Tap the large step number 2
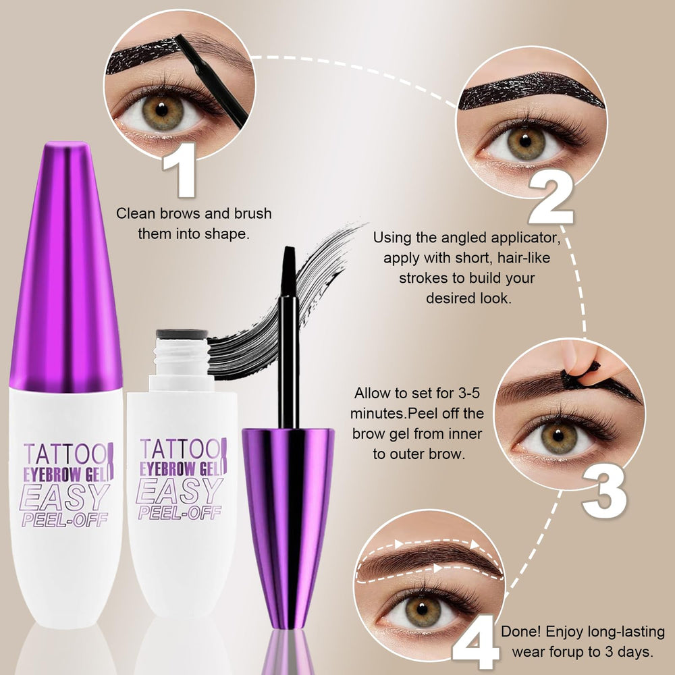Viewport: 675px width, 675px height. (x=551, y=198)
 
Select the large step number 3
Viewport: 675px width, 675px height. (x=604, y=492)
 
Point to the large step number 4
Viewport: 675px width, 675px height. (x=475, y=643)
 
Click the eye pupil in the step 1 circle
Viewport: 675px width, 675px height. (x=162, y=110)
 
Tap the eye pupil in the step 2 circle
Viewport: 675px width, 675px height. (x=524, y=141)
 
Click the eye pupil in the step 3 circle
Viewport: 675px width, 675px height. (x=558, y=435)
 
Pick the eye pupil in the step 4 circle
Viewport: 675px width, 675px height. (x=423, y=608)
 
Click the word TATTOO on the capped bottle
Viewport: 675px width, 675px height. (x=65, y=454)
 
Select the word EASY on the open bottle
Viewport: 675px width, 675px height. (x=179, y=491)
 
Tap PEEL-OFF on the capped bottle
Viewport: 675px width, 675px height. (x=65, y=520)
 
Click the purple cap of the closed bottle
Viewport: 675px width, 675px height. (x=66, y=267)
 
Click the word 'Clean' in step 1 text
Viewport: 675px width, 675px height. (x=136, y=213)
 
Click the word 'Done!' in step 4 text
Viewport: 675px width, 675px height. (x=521, y=632)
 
